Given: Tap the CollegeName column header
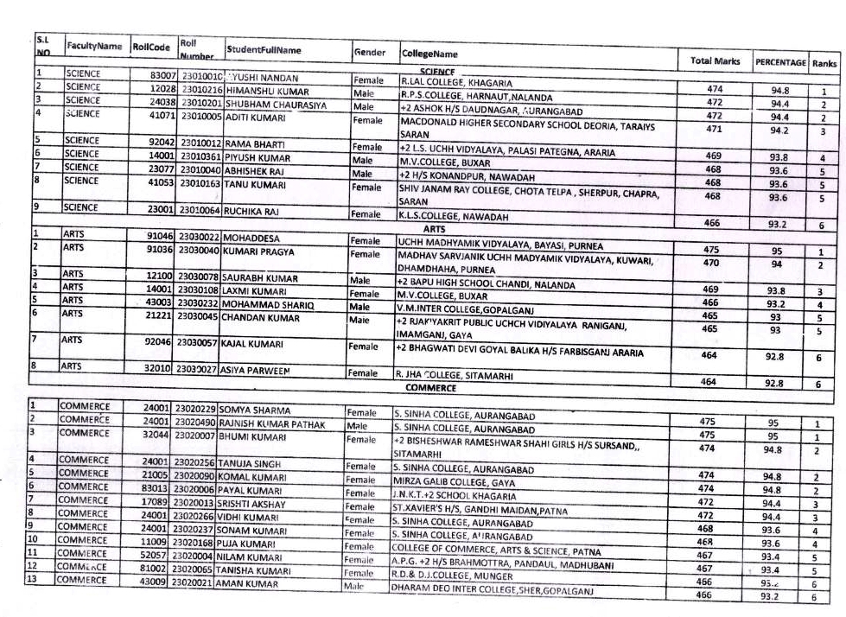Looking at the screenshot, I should click(x=429, y=54).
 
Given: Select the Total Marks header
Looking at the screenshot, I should click(x=715, y=61).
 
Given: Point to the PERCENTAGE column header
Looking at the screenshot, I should click(x=780, y=63).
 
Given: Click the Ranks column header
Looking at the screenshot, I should click(x=824, y=64).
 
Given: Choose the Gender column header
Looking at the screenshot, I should click(x=370, y=53).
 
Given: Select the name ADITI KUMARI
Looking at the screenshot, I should click(x=255, y=115).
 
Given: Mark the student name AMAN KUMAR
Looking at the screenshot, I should click(x=253, y=584).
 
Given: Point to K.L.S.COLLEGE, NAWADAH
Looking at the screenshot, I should click(x=453, y=216).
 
